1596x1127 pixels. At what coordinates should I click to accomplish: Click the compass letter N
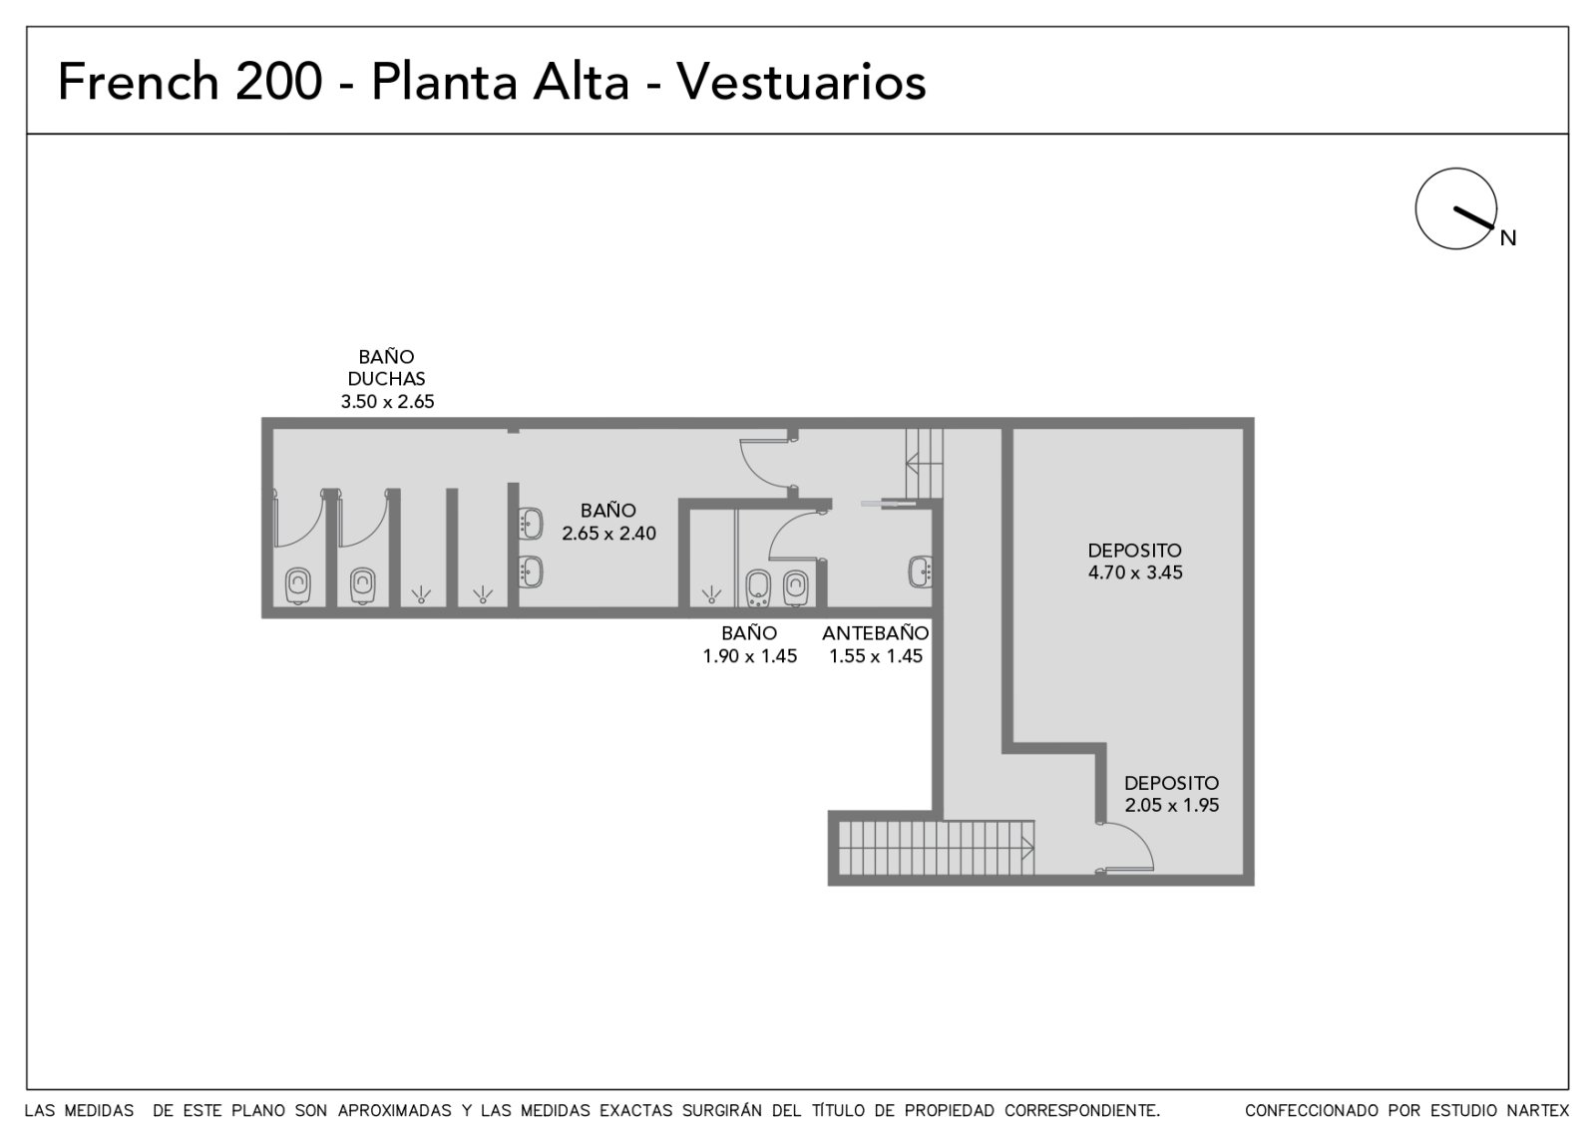pos(1507,238)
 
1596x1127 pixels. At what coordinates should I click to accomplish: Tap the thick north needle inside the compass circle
pos(1473,218)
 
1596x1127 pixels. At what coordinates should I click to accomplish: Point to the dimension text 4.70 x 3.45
pos(1135,572)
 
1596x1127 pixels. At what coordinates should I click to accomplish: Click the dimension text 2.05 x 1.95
pos(1171,805)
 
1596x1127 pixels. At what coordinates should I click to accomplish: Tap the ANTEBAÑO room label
pos(876,632)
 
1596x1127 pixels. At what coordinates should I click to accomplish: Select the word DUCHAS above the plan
pos(386,379)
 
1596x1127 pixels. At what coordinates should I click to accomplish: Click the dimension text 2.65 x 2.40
pos(608,534)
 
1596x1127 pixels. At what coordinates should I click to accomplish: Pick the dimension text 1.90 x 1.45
pos(749,656)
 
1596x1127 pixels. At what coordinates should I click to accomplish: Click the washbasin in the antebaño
pos(920,571)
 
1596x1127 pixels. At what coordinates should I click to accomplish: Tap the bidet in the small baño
pos(758,588)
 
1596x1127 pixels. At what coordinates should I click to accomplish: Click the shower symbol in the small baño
pos(711,594)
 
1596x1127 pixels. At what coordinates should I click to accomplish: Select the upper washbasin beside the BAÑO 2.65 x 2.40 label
pos(530,524)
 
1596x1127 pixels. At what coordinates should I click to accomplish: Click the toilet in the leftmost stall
pos(298,585)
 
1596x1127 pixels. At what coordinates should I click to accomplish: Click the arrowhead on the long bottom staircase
pos(1028,848)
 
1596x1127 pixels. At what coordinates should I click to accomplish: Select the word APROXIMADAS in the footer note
pos(394,1111)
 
